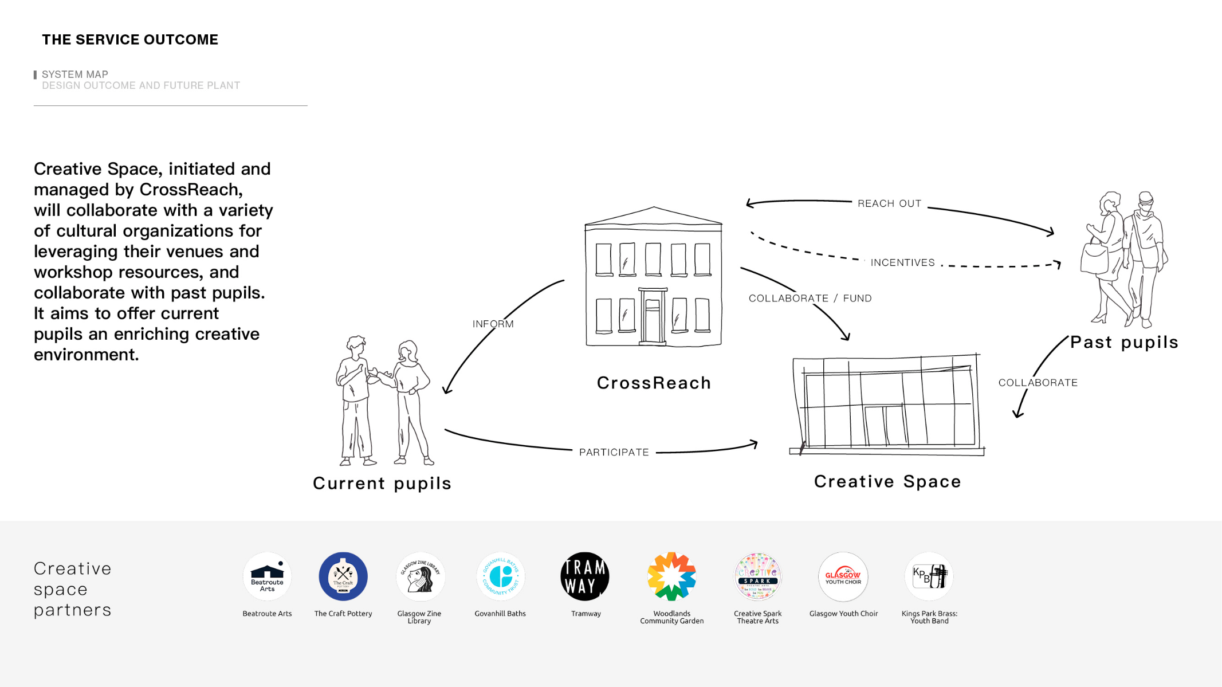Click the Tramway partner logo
(584, 576)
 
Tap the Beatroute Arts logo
(267, 576)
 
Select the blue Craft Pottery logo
(343, 576)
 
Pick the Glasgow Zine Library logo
(420, 576)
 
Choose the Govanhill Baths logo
(500, 576)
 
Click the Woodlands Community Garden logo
(671, 576)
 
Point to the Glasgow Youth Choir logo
(843, 576)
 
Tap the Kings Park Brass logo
(929, 576)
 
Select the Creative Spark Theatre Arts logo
(757, 576)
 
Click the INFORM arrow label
(493, 324)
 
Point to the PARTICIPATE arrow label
(614, 453)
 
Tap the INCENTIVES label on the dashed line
(902, 263)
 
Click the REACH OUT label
(889, 204)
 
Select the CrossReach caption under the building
(654, 383)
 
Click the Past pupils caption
(1124, 343)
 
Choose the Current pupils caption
(382, 484)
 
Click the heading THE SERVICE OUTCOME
(130, 40)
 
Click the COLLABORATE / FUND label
(810, 299)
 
